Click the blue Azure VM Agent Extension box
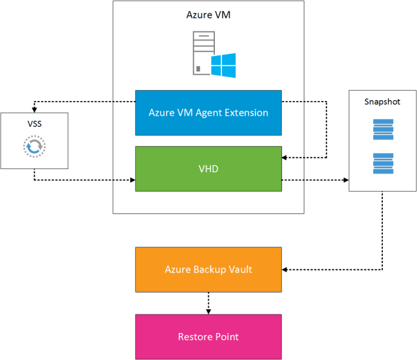pyautogui.click(x=208, y=113)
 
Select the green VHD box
pyautogui.click(x=208, y=168)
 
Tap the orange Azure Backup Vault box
pyautogui.click(x=208, y=269)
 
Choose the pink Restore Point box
pyautogui.click(x=208, y=336)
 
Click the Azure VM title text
pyautogui.click(x=208, y=15)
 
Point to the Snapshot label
pyautogui.click(x=382, y=102)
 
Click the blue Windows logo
pyautogui.click(x=223, y=65)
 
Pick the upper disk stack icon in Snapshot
pyautogui.click(x=382, y=129)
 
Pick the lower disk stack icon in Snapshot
pyautogui.click(x=382, y=163)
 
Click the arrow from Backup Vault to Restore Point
pyautogui.click(x=208, y=302)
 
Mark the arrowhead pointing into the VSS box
pyautogui.click(x=33, y=110)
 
